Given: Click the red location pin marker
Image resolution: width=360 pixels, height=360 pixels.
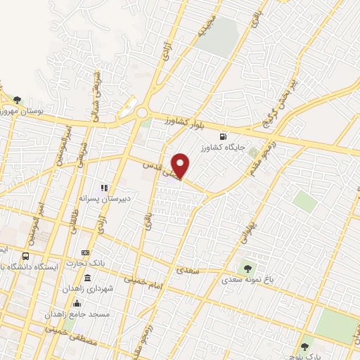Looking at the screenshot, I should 181,165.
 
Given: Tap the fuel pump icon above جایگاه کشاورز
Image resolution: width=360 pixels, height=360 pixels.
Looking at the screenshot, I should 224,137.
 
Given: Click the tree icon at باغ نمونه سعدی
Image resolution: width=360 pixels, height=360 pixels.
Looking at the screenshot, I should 247,267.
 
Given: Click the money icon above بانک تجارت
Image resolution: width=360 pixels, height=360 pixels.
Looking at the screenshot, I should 86,252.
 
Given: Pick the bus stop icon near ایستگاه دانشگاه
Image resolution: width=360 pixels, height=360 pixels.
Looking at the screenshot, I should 26,256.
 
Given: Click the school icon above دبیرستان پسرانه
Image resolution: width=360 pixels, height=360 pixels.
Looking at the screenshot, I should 103,188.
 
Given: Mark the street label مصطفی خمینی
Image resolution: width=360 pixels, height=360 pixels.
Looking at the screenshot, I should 66,327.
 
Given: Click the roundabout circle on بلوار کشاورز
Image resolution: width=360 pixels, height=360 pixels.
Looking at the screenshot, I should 143,113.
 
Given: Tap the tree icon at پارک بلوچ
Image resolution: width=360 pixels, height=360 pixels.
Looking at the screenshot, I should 304,347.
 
